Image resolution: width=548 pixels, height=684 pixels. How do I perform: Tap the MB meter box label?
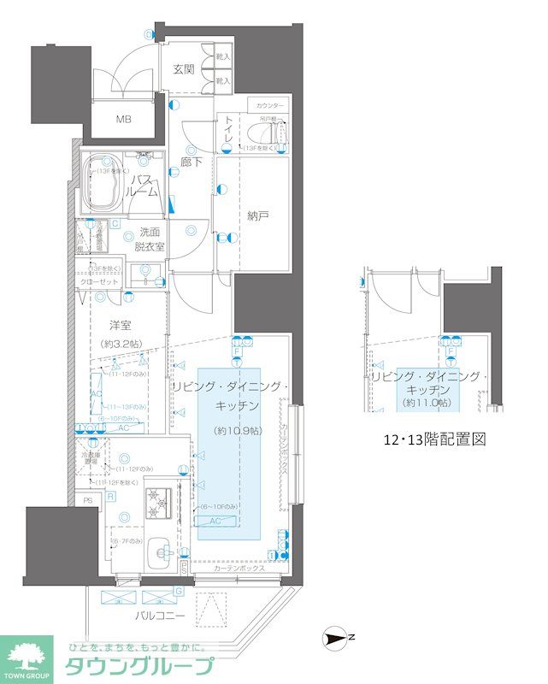point(125,119)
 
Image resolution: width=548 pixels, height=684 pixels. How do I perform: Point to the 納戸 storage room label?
point(258,217)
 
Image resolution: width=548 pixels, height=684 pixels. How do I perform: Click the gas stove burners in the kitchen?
point(157,504)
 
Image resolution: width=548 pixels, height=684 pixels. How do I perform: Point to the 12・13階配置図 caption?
point(433,441)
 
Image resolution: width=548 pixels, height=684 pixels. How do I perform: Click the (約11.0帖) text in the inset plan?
point(427,403)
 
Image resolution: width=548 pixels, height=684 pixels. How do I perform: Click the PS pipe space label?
point(87,501)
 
